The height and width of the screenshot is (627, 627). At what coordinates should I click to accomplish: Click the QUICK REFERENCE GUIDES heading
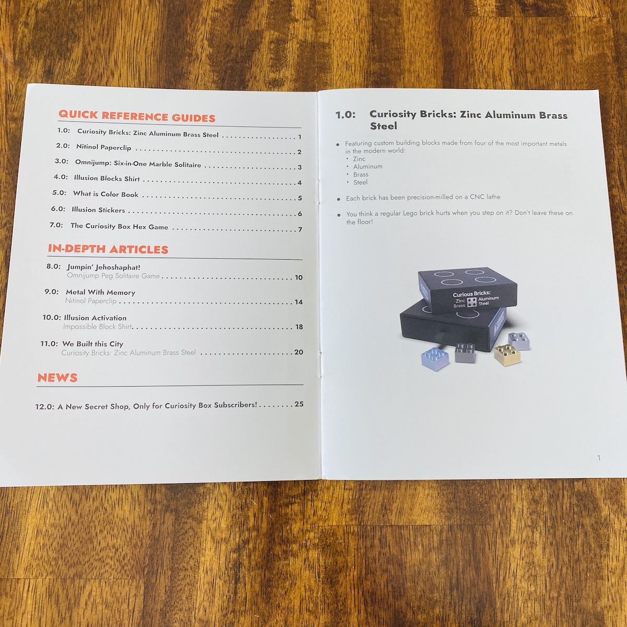137,116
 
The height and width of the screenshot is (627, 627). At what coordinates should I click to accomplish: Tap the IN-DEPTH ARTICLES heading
108,249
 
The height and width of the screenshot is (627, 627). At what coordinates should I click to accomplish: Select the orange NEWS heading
57,378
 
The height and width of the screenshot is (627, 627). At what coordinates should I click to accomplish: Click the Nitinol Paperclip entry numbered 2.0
103,147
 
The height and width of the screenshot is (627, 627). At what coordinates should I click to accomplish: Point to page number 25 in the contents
299,404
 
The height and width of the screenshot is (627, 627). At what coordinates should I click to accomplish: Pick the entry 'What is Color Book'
106,194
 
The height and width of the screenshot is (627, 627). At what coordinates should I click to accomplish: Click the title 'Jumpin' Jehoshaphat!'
103,267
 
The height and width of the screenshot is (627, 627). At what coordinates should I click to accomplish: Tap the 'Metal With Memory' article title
100,292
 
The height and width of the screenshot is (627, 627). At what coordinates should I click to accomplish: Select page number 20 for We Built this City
298,352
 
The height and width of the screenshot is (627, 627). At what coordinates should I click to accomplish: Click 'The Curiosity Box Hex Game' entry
119,226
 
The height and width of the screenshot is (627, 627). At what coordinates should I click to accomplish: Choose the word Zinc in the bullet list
359,159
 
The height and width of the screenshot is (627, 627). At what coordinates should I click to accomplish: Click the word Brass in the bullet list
361,175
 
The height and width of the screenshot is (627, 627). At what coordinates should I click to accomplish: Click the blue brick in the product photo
435,359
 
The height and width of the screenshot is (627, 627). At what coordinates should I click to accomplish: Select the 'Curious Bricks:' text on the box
471,294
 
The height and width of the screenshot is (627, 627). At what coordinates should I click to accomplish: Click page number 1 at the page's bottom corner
599,458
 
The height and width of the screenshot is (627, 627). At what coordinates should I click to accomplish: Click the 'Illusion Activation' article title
95,318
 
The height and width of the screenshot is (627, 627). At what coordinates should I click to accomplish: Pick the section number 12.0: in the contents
44,407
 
